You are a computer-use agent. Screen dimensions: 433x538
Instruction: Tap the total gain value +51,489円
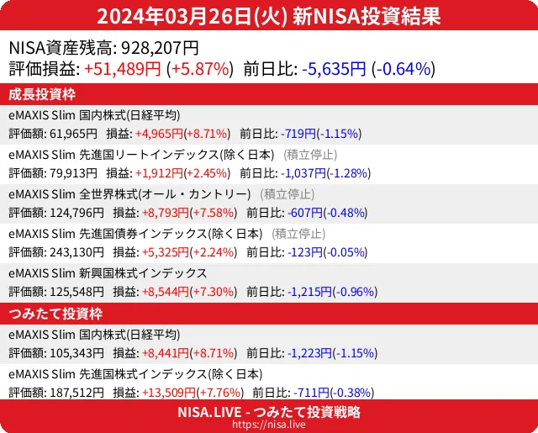(x=123, y=69)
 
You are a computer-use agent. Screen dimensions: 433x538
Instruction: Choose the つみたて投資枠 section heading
(x=55, y=314)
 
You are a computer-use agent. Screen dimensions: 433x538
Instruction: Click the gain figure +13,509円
(x=164, y=393)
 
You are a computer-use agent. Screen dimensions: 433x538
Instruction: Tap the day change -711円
(x=306, y=393)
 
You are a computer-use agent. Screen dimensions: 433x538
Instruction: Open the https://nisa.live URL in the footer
(x=268, y=425)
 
